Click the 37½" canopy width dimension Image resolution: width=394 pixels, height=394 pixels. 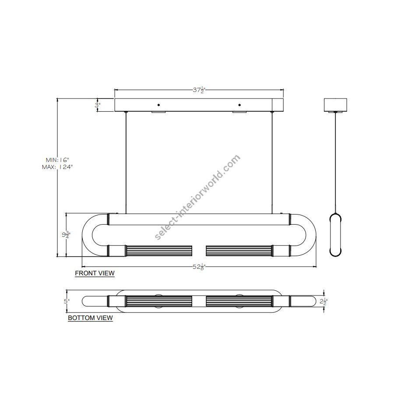coord(199,90)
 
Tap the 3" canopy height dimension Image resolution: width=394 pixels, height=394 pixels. coord(98,105)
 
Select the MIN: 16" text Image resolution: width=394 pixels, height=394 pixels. coord(57,160)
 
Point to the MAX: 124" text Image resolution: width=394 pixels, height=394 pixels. coord(57,167)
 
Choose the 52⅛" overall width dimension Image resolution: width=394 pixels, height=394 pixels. coord(199,267)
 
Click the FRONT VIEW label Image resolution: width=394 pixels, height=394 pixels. coord(95,273)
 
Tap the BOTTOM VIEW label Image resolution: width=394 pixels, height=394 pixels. coord(91,318)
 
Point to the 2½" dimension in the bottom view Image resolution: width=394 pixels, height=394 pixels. coord(324,301)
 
